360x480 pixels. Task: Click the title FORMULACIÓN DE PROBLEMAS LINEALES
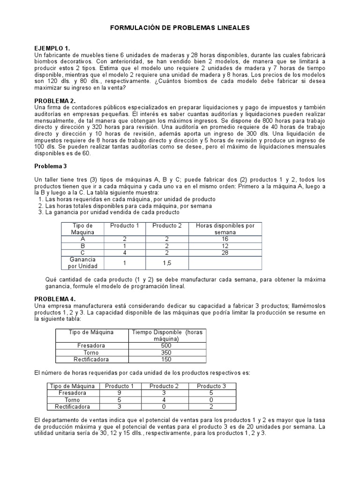point(180,28)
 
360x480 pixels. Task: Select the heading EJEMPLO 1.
point(52,48)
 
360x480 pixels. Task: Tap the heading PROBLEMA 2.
point(55,101)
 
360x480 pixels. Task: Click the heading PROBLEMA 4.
point(55,299)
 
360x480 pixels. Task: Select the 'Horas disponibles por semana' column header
point(225,229)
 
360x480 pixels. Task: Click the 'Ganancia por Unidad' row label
point(82,262)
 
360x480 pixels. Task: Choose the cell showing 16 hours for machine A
point(225,239)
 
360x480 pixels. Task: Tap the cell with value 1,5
point(167,263)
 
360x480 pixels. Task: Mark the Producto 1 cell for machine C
point(125,253)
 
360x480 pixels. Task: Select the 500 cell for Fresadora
point(166,345)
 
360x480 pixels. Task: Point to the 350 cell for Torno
point(166,352)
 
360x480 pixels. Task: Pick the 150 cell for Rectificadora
point(166,360)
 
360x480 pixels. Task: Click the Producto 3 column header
point(211,386)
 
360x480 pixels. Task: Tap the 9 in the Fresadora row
point(119,393)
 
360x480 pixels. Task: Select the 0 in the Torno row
point(211,400)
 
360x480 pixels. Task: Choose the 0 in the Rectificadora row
point(164,407)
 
